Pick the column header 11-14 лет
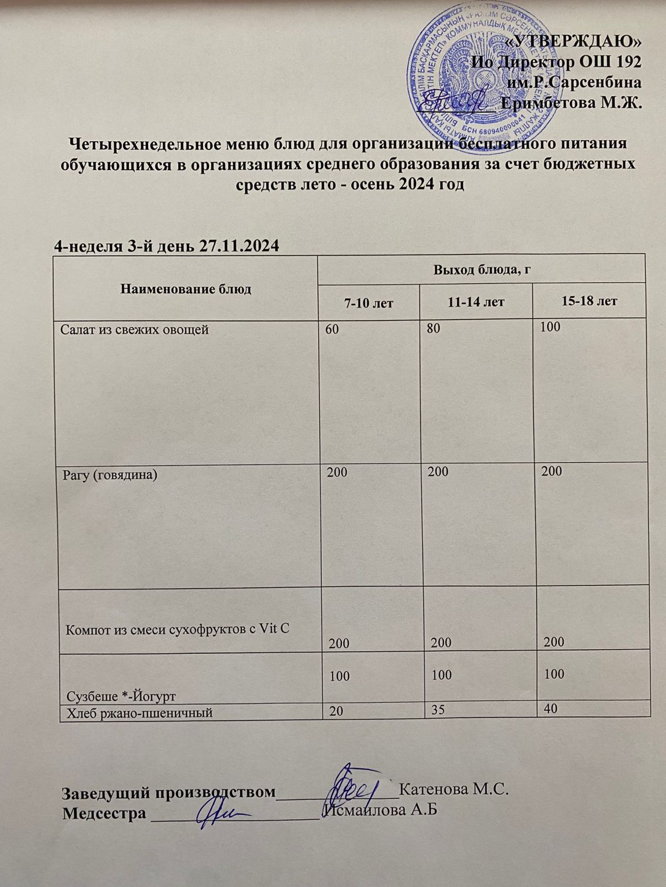coord(477,302)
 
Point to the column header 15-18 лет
coord(589,301)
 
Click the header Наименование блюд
coord(186,289)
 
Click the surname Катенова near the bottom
coord(428,789)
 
